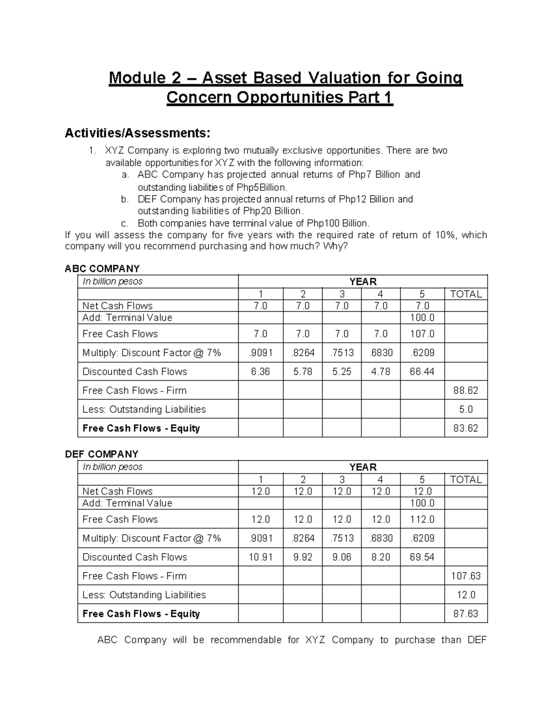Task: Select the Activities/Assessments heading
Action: coord(137,133)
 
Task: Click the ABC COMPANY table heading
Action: coord(102,268)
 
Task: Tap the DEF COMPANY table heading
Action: coord(101,454)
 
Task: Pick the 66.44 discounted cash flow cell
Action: coord(422,372)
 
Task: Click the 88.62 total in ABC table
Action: coord(465,391)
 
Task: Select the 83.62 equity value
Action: coord(465,428)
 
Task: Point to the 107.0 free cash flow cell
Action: coord(422,334)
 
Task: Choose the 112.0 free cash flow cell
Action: coord(422,519)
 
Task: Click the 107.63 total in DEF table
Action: coord(465,576)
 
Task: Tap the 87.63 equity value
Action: coord(465,614)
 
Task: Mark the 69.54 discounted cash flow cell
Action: coord(422,557)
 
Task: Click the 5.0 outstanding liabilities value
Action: coord(466,409)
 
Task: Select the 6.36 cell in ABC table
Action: coord(260,372)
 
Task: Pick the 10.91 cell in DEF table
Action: coord(260,557)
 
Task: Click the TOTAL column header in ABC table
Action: coord(465,294)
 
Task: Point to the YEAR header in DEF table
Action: coord(363,467)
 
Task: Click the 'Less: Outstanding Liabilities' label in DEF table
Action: coord(144,595)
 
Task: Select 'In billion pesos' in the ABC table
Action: coord(112,282)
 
